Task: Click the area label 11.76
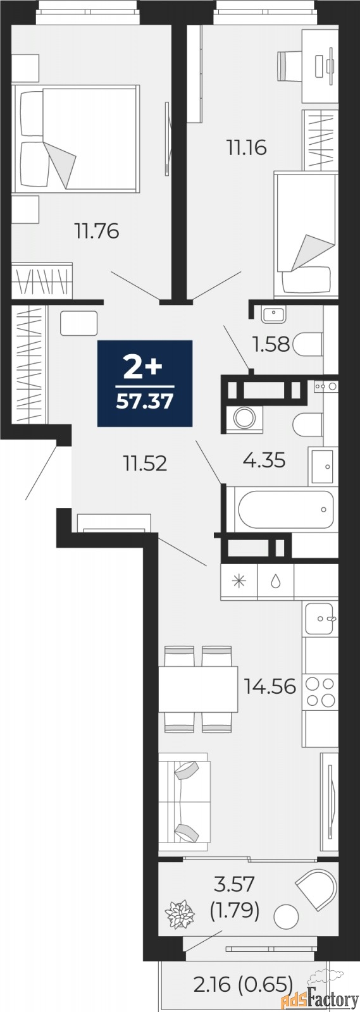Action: point(97,231)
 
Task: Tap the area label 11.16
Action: point(247,148)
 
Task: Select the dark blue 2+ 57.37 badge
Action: point(145,383)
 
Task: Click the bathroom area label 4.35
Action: point(264,460)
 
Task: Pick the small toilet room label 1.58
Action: point(271,345)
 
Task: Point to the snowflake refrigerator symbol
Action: point(239,582)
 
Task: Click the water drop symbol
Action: point(275,582)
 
